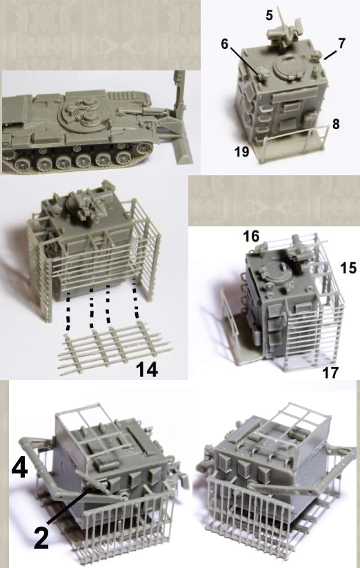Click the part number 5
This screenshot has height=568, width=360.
click(x=269, y=15)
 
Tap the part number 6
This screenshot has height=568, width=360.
click(x=225, y=44)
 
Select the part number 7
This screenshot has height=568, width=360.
click(x=341, y=43)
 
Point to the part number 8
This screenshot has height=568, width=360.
click(x=336, y=124)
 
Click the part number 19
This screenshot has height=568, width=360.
click(x=242, y=151)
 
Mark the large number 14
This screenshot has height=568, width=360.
click(x=147, y=370)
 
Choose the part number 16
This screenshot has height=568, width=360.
click(x=251, y=236)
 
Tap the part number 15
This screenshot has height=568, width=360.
click(x=348, y=268)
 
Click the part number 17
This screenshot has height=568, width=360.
click(x=330, y=373)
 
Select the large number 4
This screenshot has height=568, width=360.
click(x=19, y=467)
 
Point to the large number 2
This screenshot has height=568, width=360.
click(x=41, y=538)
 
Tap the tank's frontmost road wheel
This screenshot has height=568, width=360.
click(x=144, y=148)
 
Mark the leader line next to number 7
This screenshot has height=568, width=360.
click(x=330, y=55)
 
